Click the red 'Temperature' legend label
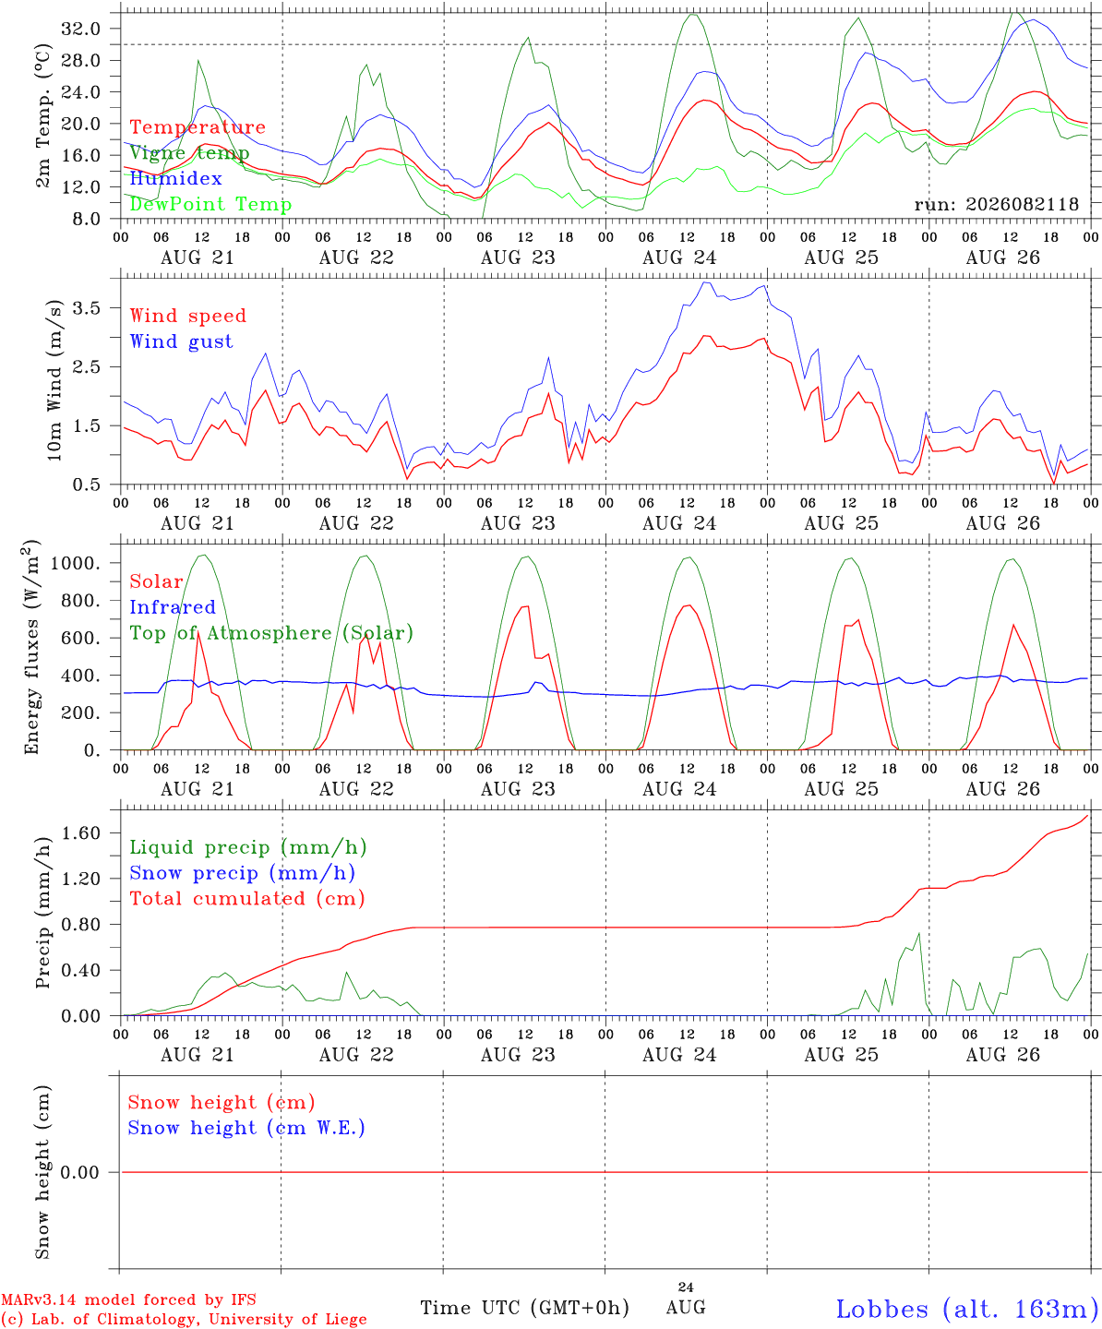tap(198, 126)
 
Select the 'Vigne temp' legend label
tap(189, 153)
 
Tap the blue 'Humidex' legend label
tap(175, 178)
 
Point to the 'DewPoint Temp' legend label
tap(210, 204)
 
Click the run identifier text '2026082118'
tap(1022, 204)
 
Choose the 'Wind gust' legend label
tap(181, 341)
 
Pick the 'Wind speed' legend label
tap(187, 316)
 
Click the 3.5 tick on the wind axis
tap(87, 308)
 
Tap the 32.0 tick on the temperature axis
tap(81, 29)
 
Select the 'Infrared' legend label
tap(173, 606)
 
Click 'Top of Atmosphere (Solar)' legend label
tap(271, 633)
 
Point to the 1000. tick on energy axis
tap(76, 563)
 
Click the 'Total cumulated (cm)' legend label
tap(247, 898)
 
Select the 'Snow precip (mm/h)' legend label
tap(242, 873)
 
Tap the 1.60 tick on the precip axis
tap(81, 832)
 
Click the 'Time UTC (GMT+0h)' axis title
tap(524, 1308)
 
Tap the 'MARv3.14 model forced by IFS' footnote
tap(128, 1299)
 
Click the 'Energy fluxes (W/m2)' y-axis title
tap(32, 647)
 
